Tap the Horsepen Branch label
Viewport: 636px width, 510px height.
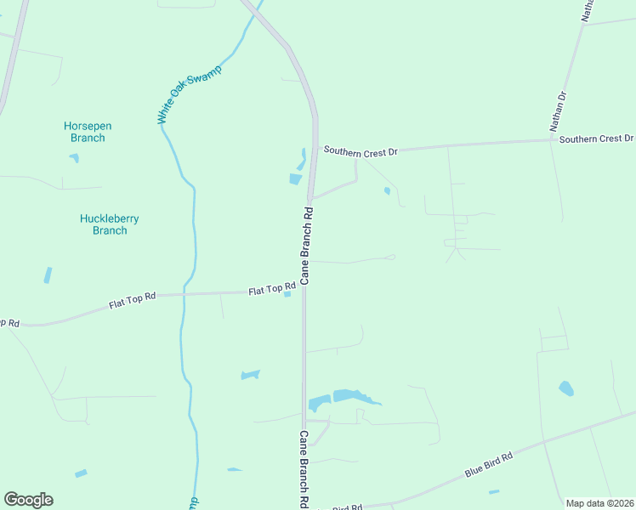click(88, 132)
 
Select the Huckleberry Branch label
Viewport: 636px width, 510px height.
click(109, 224)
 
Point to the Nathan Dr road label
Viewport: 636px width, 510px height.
click(558, 111)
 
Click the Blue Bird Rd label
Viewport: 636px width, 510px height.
click(489, 467)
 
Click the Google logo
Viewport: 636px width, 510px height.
click(28, 500)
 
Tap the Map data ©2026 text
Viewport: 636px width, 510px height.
click(599, 503)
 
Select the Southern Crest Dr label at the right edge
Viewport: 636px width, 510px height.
click(596, 139)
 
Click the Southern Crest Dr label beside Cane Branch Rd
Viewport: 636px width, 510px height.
click(360, 151)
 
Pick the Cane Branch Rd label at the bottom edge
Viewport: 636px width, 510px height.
click(303, 468)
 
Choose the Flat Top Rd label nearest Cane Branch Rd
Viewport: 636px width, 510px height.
click(271, 291)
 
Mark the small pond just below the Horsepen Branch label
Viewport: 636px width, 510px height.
click(74, 158)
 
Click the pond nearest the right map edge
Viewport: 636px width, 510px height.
click(565, 388)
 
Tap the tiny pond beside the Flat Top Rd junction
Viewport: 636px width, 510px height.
click(287, 295)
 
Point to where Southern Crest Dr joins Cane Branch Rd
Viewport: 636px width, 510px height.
click(315, 151)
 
